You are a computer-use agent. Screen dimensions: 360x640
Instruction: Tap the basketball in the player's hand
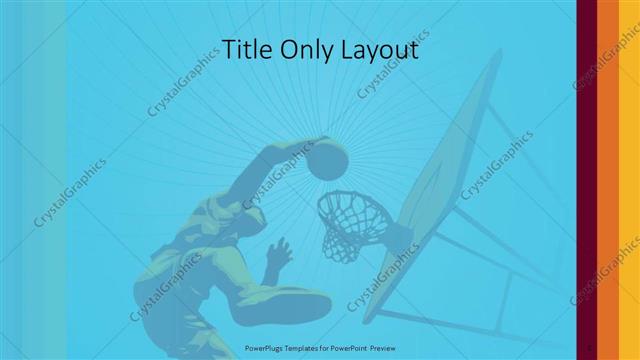click(328, 160)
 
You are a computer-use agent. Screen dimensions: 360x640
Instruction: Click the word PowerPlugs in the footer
click(266, 347)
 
